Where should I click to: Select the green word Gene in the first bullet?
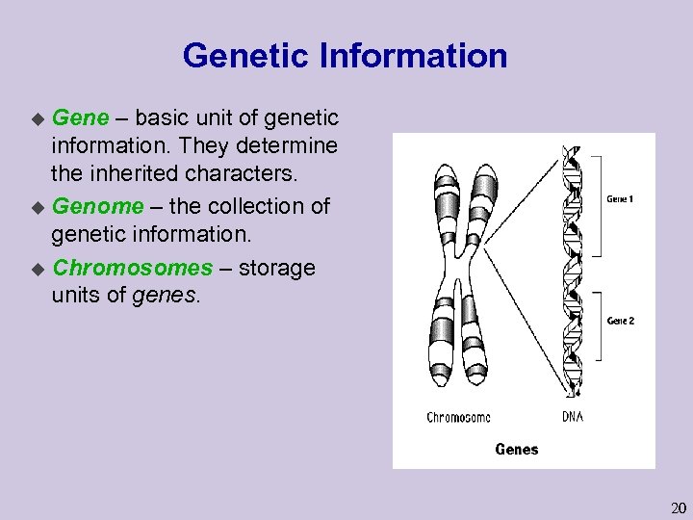pyautogui.click(x=81, y=118)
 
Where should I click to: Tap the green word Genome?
pyautogui.click(x=97, y=206)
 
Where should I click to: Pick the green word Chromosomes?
pyautogui.click(x=132, y=267)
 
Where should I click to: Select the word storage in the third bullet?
pyautogui.click(x=277, y=267)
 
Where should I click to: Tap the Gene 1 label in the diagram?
pyautogui.click(x=621, y=199)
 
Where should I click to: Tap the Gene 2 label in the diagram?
pyautogui.click(x=621, y=321)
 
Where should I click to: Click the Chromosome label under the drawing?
pyautogui.click(x=458, y=417)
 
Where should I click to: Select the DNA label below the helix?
pyautogui.click(x=572, y=417)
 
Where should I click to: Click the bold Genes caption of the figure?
pyautogui.click(x=517, y=449)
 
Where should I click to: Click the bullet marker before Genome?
pyautogui.click(x=38, y=207)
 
